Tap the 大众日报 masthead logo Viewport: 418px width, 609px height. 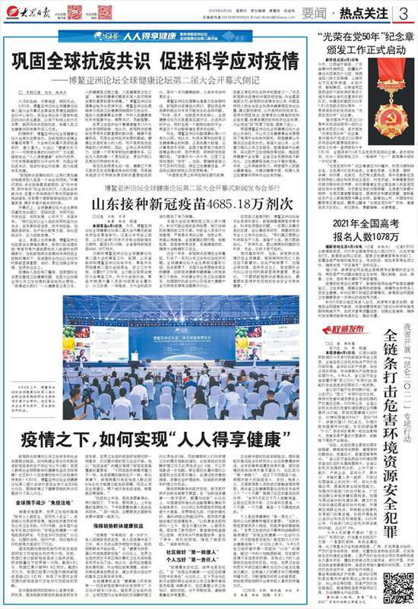[27, 12]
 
